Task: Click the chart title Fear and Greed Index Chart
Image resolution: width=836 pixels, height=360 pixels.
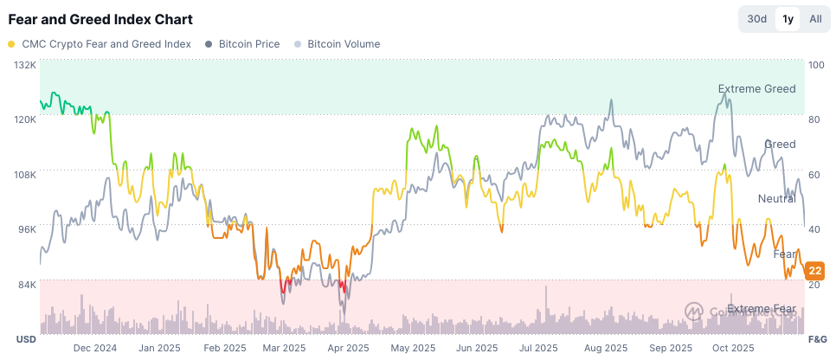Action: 100,19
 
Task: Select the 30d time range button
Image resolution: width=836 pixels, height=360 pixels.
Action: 757,19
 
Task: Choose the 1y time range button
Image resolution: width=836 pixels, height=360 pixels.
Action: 788,19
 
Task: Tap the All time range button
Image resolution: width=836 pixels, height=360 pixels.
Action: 815,19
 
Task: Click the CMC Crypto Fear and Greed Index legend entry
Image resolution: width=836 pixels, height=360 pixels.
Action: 100,44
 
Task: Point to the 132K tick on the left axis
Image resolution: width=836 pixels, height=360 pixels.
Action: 24,65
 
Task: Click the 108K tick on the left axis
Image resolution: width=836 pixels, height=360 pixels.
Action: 24,175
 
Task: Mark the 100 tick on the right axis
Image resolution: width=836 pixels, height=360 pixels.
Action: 815,65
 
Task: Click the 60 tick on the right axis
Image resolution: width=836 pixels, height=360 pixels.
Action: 814,175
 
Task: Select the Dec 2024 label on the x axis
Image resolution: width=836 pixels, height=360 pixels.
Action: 94,348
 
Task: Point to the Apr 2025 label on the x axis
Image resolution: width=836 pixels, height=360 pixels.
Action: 349,348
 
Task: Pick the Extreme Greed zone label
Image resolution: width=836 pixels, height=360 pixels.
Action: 756,89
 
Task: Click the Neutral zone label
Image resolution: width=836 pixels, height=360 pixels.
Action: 776,199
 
